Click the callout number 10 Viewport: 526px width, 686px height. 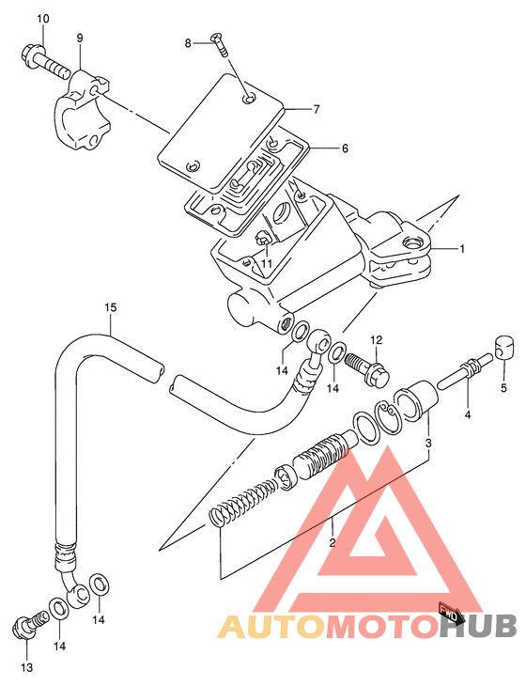[x=43, y=19]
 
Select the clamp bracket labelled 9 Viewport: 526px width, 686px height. [x=82, y=111]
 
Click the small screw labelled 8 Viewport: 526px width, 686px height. [x=220, y=44]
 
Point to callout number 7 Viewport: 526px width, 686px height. [x=317, y=109]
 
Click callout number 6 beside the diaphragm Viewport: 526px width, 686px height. [x=345, y=148]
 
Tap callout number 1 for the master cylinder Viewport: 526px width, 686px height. [x=462, y=249]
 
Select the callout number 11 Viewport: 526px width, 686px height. [x=267, y=263]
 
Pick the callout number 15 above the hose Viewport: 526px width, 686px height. [x=111, y=307]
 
